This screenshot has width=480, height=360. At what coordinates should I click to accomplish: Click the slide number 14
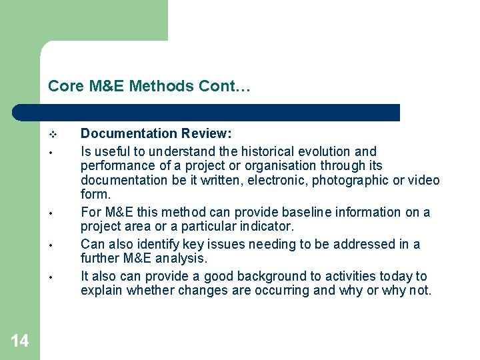(20, 341)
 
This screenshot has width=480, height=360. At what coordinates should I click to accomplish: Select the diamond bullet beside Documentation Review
(53, 134)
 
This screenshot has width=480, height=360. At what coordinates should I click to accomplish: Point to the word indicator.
(265, 227)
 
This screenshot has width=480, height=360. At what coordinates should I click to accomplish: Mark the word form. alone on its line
(95, 195)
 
